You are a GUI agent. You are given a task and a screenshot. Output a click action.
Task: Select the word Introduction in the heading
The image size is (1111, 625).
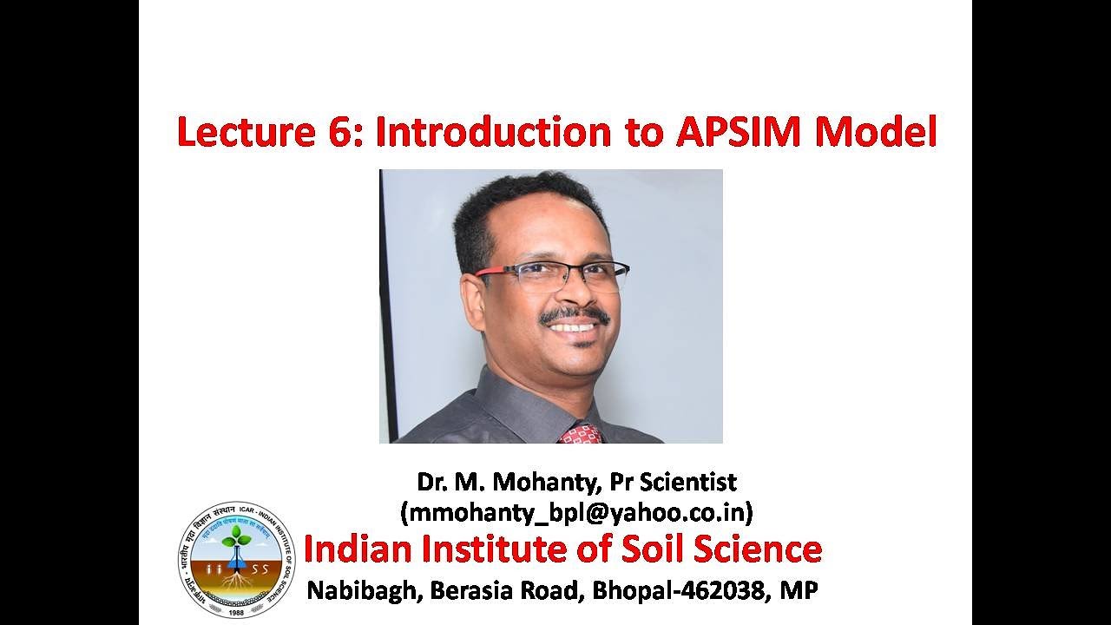click(494, 132)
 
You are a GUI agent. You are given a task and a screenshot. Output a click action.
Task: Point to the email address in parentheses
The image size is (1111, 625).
click(576, 512)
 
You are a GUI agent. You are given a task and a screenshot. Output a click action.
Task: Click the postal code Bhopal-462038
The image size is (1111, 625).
click(681, 591)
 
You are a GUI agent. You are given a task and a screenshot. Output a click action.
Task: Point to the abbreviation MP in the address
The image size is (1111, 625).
click(799, 591)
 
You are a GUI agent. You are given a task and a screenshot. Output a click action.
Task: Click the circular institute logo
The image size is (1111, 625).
click(236, 560)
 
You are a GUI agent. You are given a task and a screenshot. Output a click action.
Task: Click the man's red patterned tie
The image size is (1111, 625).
click(581, 433)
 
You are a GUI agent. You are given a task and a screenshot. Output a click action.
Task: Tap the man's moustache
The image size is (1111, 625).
click(573, 313)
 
